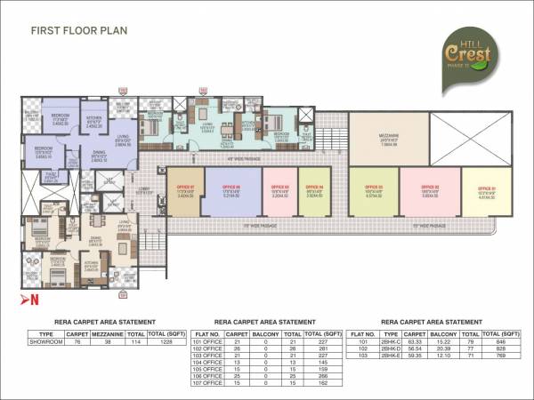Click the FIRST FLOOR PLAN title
point(79,30)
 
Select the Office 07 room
point(183,190)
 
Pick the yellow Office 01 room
point(487,190)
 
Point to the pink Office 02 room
point(429,190)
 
